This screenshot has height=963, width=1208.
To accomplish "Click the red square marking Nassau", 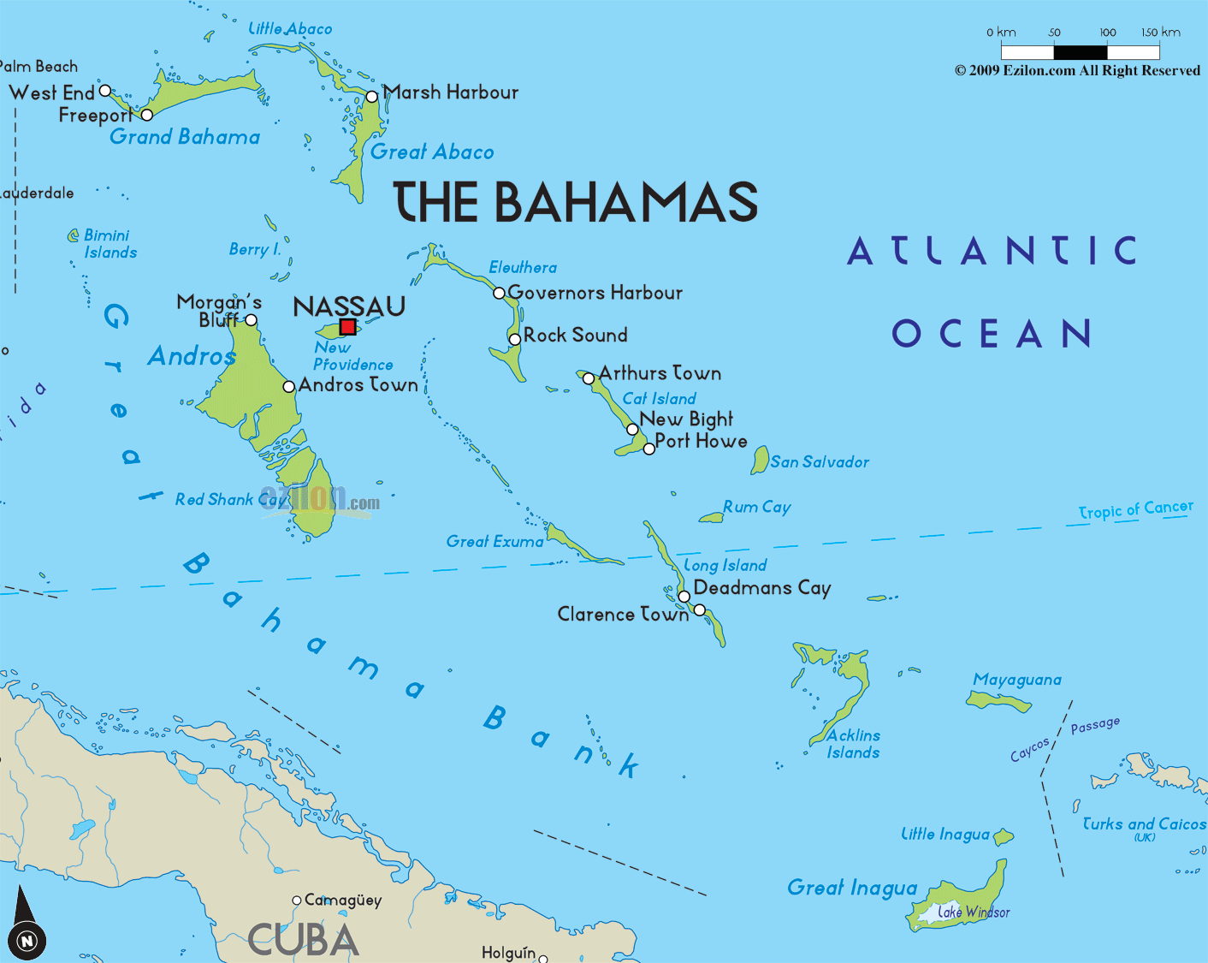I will (347, 326).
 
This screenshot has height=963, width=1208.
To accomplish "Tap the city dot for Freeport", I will (146, 115).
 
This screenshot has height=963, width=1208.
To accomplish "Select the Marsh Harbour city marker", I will (371, 97).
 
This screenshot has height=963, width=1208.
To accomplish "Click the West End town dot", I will (105, 90).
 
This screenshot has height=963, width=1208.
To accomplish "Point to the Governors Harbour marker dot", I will (499, 293).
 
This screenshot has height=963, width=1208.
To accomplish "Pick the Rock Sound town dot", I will (514, 339).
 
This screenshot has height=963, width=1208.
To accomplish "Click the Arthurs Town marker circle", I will (589, 378).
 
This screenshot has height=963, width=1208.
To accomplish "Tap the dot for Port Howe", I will (648, 449).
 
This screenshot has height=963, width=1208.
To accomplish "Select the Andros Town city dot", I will (289, 387).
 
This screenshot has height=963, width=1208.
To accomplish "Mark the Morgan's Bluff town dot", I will (251, 320).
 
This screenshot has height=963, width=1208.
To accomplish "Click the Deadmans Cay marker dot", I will (684, 597).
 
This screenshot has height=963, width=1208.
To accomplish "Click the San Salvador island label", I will (819, 462).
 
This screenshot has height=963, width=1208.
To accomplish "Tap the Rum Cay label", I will (756, 507).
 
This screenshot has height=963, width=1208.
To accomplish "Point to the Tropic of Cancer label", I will (1135, 510).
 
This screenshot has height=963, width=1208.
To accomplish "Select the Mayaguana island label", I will (1017, 680).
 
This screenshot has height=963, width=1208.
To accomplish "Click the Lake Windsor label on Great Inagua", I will (974, 912).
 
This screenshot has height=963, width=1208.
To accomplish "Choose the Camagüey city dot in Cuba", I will (297, 901).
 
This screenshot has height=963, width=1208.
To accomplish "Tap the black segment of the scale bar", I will (1081, 52).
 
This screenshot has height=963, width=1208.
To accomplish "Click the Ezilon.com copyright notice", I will (1077, 71).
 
